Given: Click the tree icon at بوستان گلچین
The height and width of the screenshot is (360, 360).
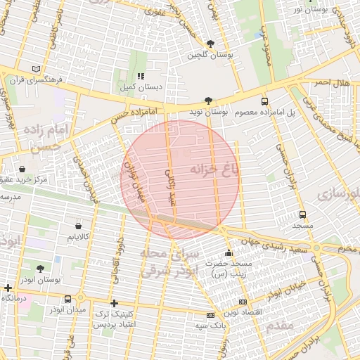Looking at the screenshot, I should point(211,44).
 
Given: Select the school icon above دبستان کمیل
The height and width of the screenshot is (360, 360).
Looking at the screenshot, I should point(141,76).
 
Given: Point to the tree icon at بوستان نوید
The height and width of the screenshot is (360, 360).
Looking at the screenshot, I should point(207,101).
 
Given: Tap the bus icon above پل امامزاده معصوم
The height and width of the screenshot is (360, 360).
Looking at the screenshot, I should point(265,101).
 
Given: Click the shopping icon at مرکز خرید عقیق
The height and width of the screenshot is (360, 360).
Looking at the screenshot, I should point(23,169).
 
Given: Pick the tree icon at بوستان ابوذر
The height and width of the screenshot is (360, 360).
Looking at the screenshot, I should point(39,269).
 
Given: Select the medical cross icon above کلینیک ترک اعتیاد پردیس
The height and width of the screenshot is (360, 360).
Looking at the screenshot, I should point(114,303).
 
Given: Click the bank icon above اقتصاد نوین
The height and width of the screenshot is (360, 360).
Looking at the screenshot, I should point(243,302).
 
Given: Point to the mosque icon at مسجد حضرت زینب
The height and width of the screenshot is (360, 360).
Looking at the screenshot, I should point(228,253).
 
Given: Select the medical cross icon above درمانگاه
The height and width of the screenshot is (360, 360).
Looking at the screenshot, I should point(8,288).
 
